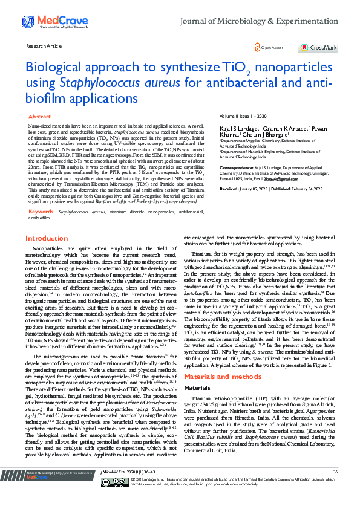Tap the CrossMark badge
[324, 47]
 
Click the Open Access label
[269, 47]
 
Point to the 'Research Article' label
[43, 45]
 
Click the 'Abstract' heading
[40, 116]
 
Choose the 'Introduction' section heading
[47, 238]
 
